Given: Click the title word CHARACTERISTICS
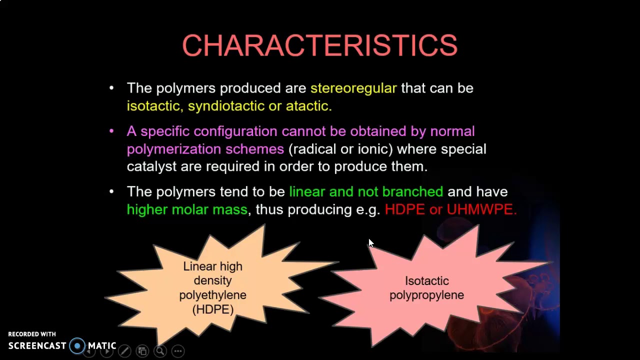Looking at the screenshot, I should (319, 46).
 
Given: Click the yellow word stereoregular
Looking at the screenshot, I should (353, 88).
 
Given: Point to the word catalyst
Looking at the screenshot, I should (151, 166).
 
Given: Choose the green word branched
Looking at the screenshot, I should (412, 192).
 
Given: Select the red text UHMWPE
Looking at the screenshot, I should (481, 209).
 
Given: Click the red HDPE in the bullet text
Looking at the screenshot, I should (404, 209).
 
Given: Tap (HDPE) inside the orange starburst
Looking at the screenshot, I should (213, 309).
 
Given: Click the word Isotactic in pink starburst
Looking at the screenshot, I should (426, 281).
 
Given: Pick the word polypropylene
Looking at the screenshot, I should (426, 295).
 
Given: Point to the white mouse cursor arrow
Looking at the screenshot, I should (370, 243).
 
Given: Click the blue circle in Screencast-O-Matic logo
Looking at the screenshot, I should (77, 346).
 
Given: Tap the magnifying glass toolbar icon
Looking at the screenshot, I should (160, 351).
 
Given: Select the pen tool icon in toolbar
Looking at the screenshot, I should (124, 351).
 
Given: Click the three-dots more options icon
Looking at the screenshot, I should (178, 351).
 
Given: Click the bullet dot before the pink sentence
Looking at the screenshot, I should (111, 131).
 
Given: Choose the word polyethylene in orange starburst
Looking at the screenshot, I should (212, 295).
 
